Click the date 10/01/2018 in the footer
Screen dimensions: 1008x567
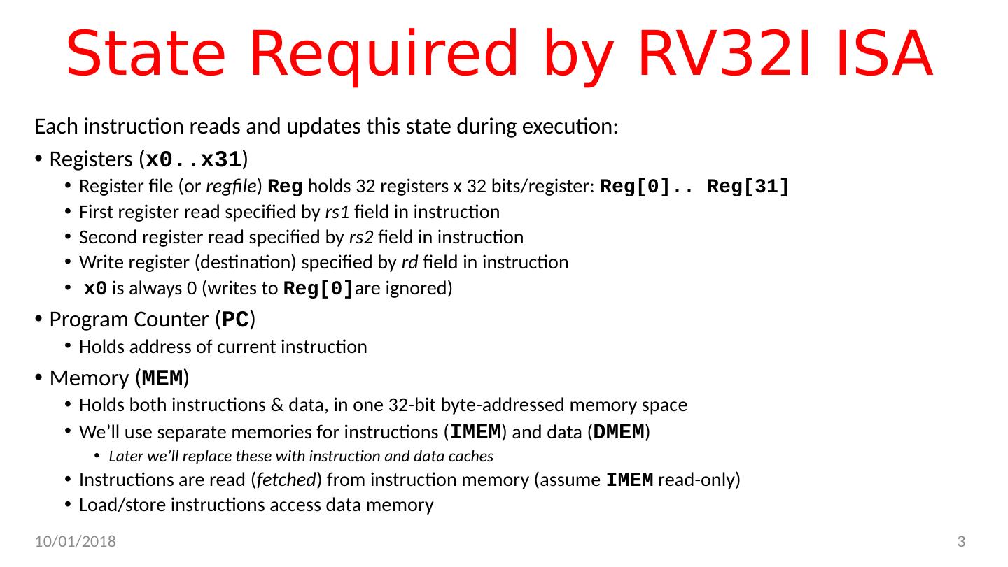click(76, 542)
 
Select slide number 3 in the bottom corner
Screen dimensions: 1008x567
click(961, 542)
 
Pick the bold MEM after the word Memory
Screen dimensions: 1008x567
click(162, 378)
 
